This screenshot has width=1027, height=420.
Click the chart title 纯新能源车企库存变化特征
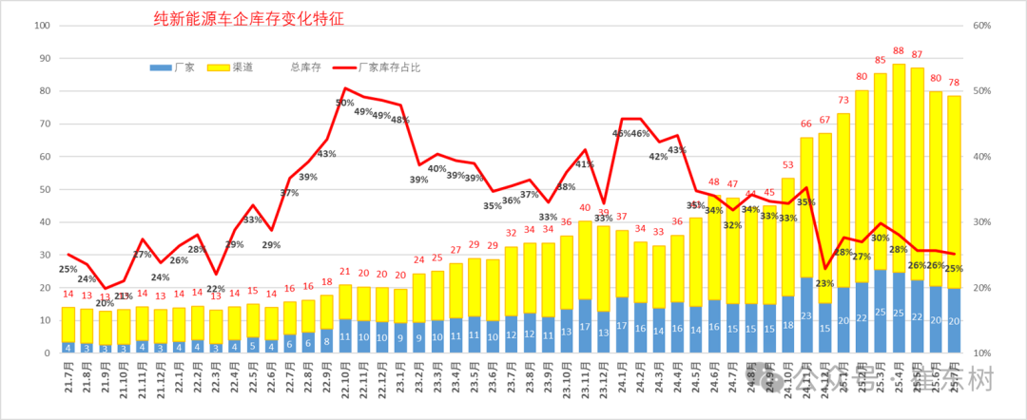(248, 18)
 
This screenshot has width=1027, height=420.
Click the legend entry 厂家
(185, 68)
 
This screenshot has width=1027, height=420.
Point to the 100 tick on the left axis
(41, 26)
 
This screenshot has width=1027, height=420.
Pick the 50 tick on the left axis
(44, 190)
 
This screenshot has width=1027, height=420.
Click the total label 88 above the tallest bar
(899, 51)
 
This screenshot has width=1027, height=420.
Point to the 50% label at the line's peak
(344, 103)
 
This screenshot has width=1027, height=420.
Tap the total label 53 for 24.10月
(788, 166)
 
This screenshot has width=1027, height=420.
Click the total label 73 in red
(843, 101)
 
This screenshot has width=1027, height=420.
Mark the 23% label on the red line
(824, 283)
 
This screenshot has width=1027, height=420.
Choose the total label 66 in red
(806, 124)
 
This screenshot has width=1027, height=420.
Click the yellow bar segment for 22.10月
(345, 301)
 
